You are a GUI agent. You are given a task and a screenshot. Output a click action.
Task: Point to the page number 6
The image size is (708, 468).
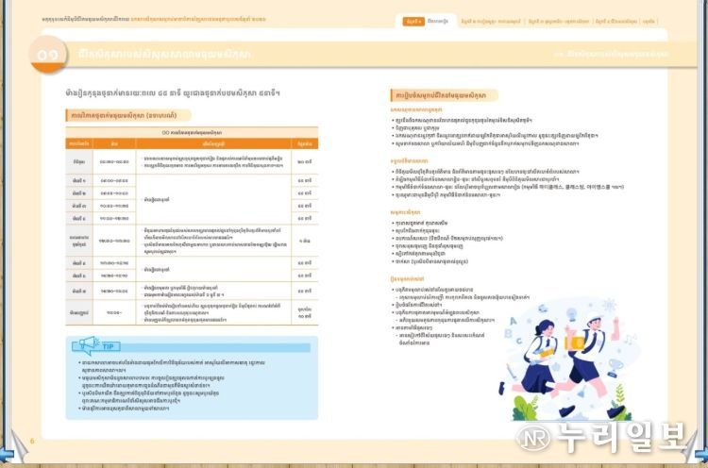point(31,440)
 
